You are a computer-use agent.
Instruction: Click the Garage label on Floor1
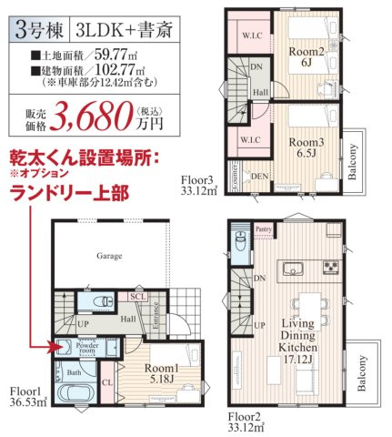coord(110,257)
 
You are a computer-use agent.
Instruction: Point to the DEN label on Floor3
coord(260,175)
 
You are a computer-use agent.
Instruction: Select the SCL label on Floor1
coord(137,297)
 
